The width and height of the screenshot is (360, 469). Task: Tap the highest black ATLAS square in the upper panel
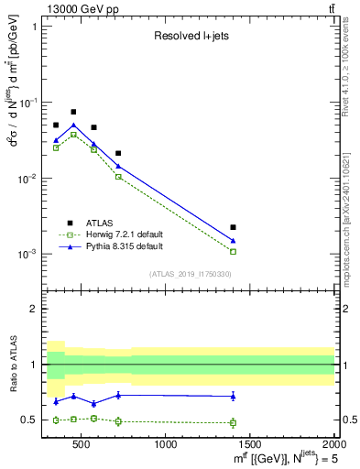pyautogui.click(x=73, y=112)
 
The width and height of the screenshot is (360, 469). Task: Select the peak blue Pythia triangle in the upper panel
pyautogui.click(x=73, y=125)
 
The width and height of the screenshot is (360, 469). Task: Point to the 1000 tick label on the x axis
pyautogui.click(x=166, y=445)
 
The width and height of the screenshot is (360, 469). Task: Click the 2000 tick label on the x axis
pyautogui.click(x=333, y=445)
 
